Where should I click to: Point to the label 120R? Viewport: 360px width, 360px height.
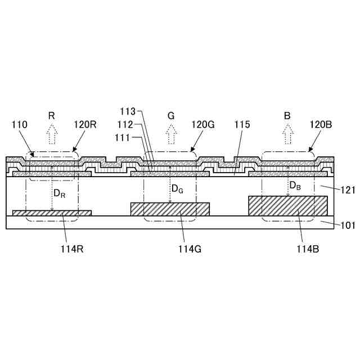[x=85, y=125]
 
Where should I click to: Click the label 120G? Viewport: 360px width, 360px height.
[x=203, y=125]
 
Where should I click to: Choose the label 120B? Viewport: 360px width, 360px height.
[x=321, y=125]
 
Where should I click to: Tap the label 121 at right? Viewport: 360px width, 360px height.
[x=348, y=190]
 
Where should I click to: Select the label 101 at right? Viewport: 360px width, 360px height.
[x=348, y=226]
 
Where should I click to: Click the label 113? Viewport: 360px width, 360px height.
[x=128, y=110]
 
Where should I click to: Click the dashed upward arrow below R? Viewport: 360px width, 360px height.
[x=52, y=134]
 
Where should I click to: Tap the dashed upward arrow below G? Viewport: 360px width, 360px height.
[x=170, y=134]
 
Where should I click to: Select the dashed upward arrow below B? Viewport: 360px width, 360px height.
[x=288, y=134]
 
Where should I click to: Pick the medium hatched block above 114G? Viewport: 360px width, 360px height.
[x=170, y=209]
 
